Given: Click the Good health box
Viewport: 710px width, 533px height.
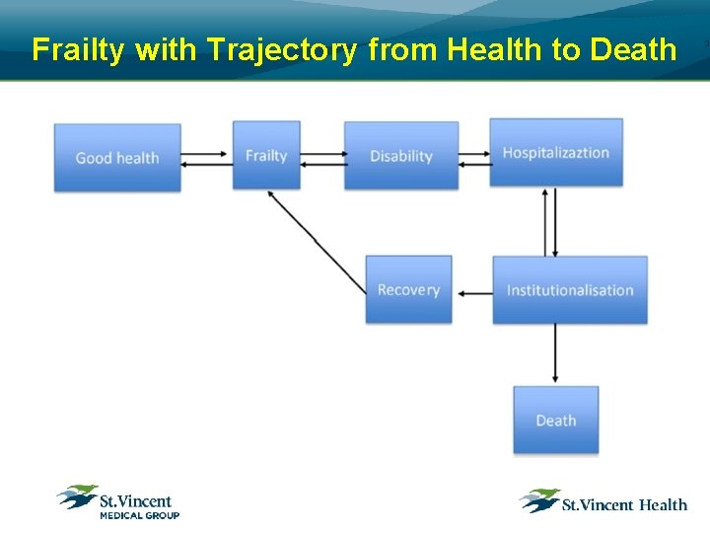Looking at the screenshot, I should click(x=117, y=157).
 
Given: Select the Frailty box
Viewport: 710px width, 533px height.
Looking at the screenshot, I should click(x=265, y=155).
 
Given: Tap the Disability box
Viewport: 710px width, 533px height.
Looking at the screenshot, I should click(x=400, y=155).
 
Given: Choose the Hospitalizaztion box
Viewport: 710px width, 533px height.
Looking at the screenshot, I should click(x=556, y=152).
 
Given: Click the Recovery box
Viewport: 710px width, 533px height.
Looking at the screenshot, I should click(x=408, y=289).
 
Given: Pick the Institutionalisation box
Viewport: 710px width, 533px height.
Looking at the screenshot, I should click(x=570, y=289).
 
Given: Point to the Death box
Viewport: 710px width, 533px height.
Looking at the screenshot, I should click(x=555, y=419).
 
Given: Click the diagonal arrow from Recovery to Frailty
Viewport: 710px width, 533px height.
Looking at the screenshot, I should click(x=318, y=241).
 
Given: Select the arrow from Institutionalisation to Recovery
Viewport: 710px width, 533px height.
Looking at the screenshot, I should click(x=475, y=292).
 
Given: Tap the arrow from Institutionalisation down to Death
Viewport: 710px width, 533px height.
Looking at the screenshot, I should click(x=555, y=353).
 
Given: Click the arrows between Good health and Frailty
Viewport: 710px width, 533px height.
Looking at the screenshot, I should click(x=207, y=158).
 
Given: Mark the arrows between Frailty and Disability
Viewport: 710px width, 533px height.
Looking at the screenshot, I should click(x=321, y=158).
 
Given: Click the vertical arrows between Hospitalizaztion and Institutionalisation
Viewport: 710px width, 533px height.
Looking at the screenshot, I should click(x=549, y=221).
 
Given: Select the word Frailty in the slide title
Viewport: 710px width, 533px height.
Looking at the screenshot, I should click(x=80, y=49).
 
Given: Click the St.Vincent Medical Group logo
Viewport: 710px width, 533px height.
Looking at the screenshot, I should click(x=118, y=501).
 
